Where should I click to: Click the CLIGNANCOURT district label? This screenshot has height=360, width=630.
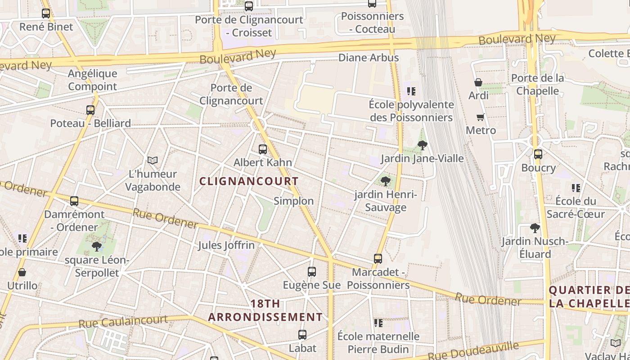coord(249,181)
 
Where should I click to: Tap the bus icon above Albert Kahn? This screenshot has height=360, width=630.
coord(263,149)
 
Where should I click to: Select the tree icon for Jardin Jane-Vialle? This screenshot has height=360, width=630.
coord(422,145)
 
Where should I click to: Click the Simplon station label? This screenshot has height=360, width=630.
coord(294,201)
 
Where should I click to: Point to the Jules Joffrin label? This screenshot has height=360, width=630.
coord(226,245)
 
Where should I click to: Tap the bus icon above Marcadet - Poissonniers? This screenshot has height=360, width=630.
coord(378,259)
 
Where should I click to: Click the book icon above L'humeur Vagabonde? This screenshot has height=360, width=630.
coord(153,160)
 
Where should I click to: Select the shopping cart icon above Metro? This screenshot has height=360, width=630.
coord(481,117)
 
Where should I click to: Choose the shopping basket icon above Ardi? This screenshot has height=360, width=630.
coord(478,83)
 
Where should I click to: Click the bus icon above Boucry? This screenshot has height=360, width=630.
coord(538,154)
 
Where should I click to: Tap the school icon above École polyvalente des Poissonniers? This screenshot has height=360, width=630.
coord(411,92)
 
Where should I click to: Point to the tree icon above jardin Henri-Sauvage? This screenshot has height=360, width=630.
coord(386,181)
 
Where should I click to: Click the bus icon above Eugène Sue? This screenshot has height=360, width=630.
coord(312,272)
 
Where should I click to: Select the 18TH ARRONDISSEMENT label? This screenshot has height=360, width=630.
coord(265,310)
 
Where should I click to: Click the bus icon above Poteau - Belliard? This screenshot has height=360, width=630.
coord(90,110)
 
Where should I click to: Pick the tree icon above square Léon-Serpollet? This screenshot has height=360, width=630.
coord(97,247)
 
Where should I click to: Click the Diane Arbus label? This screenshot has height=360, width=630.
coord(369,58)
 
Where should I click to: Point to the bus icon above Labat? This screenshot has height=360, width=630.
coord(302,335)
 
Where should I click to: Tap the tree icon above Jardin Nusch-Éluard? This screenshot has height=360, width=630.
coord(535,228)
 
